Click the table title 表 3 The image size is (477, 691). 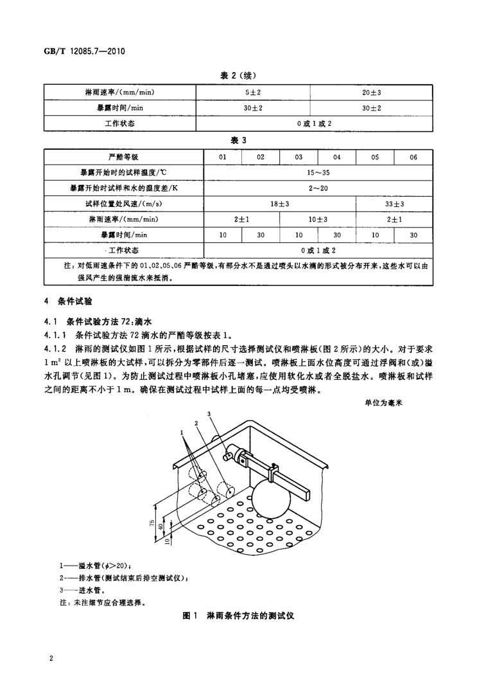[238, 139]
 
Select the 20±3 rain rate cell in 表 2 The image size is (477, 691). [371, 93]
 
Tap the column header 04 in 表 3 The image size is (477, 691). [336, 157]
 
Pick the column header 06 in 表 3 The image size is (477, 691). [413, 157]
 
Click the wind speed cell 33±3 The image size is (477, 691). [394, 204]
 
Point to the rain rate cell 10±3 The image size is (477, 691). [317, 219]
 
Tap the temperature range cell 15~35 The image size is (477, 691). [318, 172]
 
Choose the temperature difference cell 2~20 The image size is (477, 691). [318, 188]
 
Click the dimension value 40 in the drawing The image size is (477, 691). [159, 527]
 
